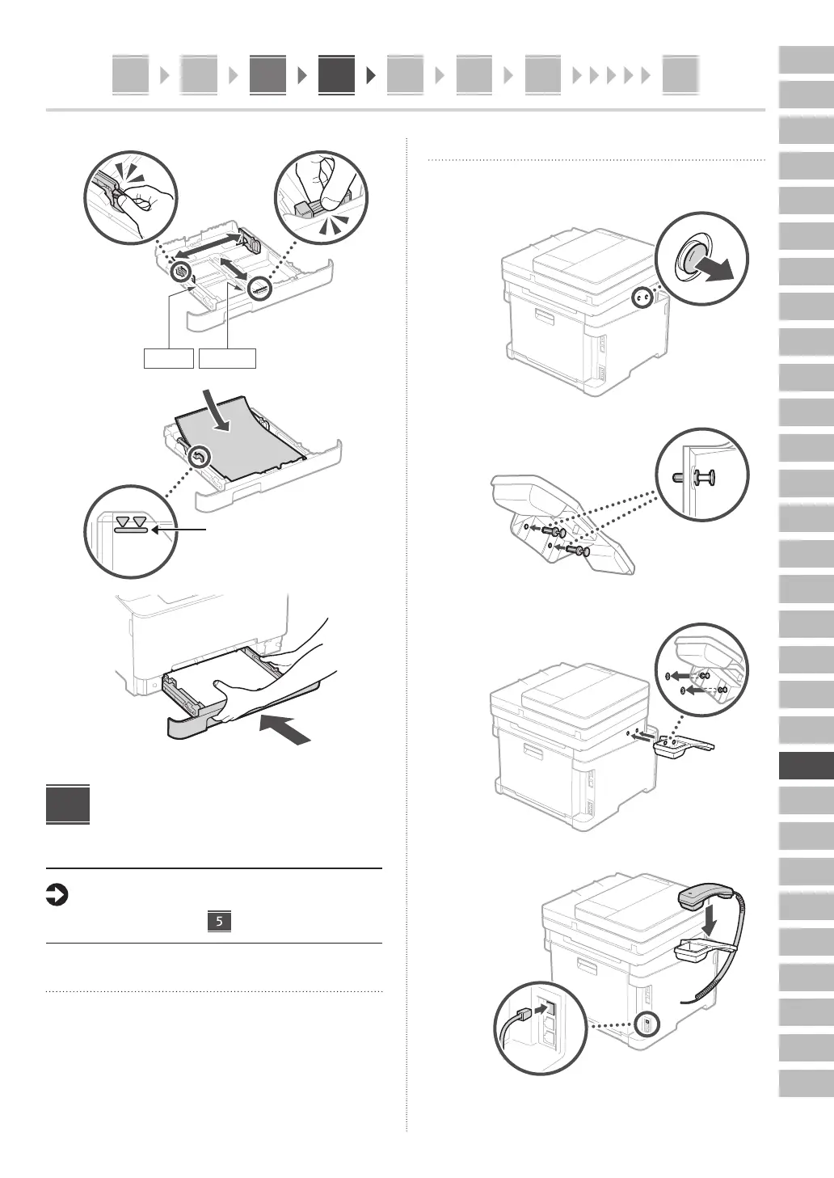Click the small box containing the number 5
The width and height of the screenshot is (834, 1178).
(x=219, y=921)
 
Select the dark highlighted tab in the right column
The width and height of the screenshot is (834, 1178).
(x=806, y=765)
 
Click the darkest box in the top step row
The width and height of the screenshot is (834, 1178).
(x=336, y=75)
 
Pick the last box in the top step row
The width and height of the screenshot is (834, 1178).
(x=680, y=75)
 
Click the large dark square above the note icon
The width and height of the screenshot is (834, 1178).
(x=68, y=804)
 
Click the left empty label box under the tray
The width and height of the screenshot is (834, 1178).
(x=169, y=358)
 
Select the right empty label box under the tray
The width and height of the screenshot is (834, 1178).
(x=228, y=358)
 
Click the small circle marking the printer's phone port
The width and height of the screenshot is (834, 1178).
(x=647, y=1024)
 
